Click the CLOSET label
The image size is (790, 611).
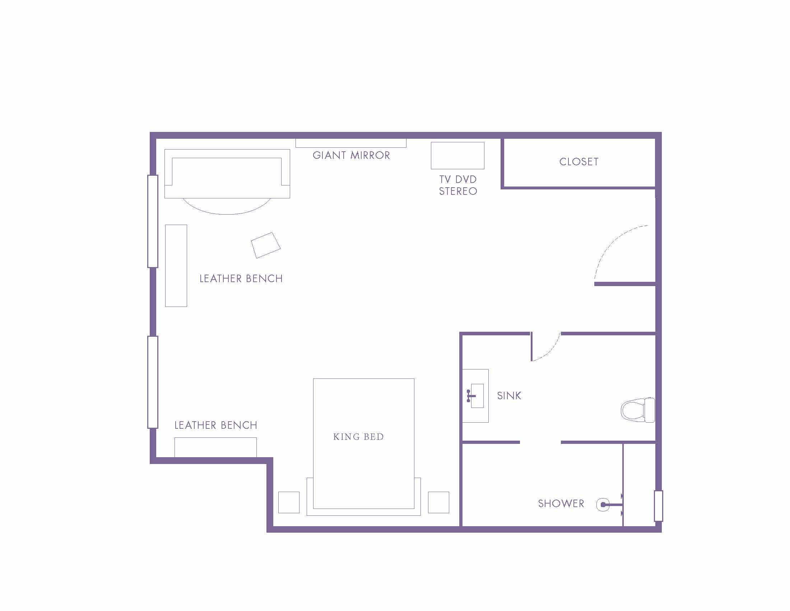(579, 161)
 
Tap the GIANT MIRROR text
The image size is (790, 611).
(351, 155)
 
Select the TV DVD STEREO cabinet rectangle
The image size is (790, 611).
(457, 155)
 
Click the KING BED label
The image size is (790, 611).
(358, 437)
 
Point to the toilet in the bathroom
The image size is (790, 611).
(638, 410)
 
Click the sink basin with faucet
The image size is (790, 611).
(476, 396)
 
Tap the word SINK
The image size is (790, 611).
(509, 396)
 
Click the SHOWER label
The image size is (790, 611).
(561, 504)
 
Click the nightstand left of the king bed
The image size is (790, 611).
(289, 502)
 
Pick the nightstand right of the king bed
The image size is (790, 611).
(438, 502)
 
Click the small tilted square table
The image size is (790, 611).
(265, 245)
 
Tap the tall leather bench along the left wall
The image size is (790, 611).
(176, 266)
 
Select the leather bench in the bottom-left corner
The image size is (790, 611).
(215, 447)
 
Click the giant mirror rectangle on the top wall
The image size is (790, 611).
(351, 143)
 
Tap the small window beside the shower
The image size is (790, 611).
(658, 506)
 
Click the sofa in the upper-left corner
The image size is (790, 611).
(227, 174)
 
